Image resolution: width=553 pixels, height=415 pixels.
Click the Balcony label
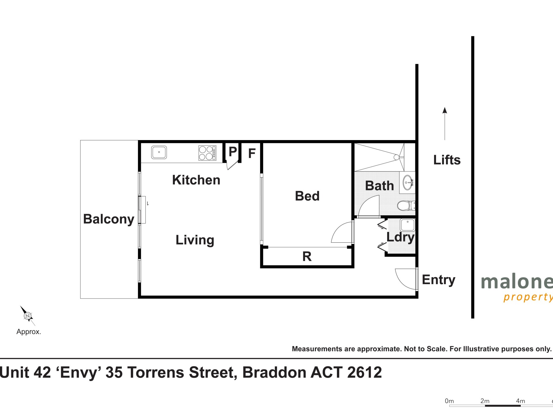109,219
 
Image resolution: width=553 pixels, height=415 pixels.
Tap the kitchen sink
159,152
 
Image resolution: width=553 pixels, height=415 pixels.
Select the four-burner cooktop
207,153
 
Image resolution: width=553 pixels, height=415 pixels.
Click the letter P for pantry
233,151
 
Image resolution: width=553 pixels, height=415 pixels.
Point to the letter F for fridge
252,153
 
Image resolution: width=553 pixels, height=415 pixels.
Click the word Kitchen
196,180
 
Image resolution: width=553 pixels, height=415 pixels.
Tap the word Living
195,240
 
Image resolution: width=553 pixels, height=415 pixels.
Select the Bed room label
307,196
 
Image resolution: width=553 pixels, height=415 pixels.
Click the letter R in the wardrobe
307,256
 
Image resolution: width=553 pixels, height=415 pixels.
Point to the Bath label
379,186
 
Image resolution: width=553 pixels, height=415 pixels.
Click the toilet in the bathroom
406,206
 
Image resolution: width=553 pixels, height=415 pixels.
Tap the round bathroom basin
408,182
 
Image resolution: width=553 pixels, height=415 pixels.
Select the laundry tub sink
408,225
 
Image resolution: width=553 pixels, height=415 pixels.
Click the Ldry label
400,237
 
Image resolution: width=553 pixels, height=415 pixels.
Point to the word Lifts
447,160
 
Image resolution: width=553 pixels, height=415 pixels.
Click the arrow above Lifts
445,124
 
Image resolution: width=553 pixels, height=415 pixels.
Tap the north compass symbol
28,316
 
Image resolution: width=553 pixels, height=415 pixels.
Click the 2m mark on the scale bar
485,401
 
